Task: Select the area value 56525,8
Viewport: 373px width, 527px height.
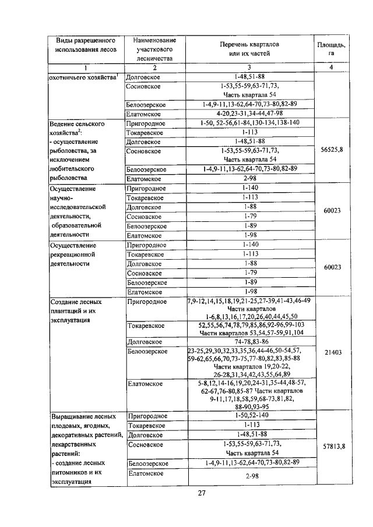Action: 332,150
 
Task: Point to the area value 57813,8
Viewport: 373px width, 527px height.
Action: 332,446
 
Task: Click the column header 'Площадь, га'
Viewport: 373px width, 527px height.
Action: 332,49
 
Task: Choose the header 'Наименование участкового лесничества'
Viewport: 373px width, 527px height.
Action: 154,49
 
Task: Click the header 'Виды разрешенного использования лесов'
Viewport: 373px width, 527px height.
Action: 86,45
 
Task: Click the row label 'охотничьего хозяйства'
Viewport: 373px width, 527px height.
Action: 83,77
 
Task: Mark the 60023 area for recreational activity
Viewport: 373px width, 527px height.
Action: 332,267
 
